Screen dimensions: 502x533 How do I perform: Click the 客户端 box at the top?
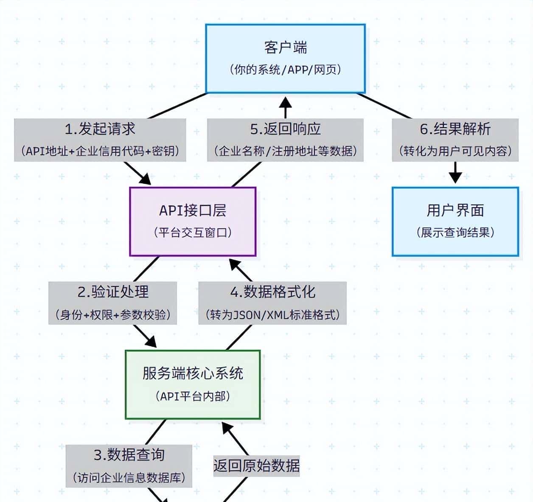(x=285, y=58)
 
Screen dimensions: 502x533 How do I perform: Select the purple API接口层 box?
(x=193, y=221)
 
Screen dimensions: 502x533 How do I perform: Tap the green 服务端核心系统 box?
(x=193, y=384)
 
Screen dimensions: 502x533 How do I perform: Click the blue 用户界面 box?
(x=455, y=221)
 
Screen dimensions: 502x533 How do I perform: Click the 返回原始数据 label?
(x=256, y=466)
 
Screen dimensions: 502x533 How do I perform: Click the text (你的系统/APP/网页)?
(x=285, y=70)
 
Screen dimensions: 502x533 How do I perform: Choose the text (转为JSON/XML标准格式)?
(x=272, y=314)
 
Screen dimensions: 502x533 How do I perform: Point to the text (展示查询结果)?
(x=455, y=233)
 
